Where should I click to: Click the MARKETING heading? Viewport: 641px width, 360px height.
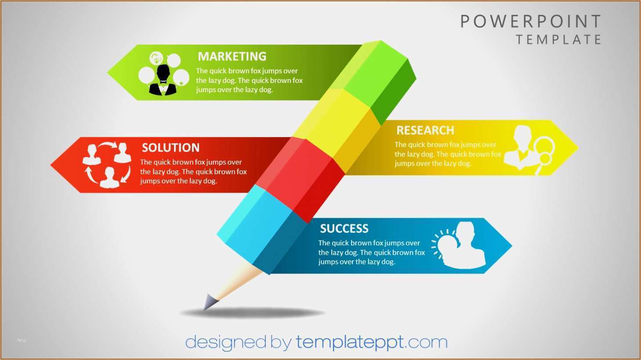(x=232, y=56)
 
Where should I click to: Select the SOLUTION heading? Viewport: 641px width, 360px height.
(x=170, y=148)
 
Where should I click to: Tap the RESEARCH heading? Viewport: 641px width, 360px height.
(x=425, y=130)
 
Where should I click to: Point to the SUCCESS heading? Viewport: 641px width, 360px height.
(x=344, y=229)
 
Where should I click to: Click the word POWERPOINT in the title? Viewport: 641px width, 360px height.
(x=531, y=22)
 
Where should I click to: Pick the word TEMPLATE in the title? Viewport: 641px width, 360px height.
(x=558, y=40)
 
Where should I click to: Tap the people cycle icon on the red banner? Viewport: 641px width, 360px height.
(x=107, y=165)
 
